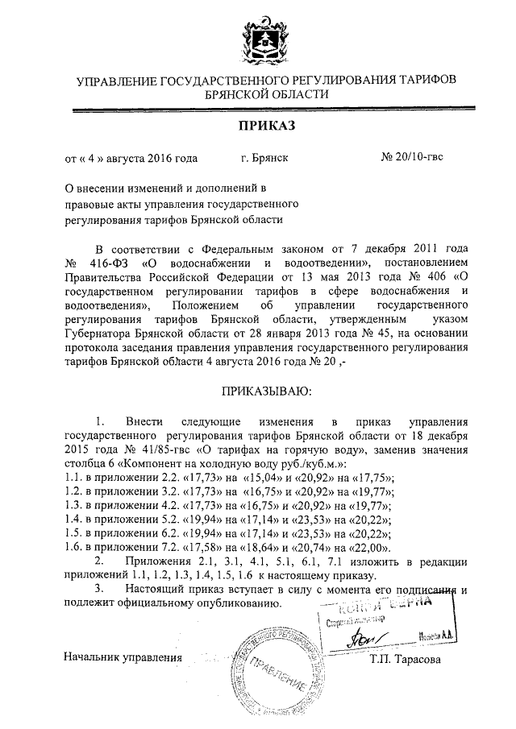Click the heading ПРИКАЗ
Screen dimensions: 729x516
click(x=267, y=125)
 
